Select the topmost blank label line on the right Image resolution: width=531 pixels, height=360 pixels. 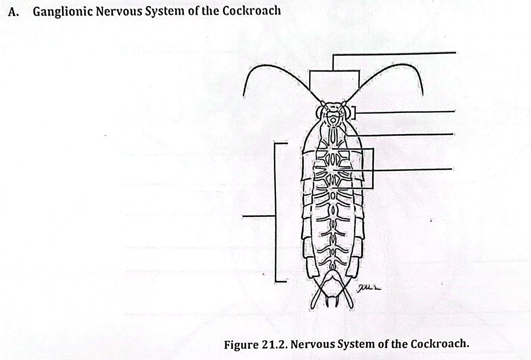pos(393,53)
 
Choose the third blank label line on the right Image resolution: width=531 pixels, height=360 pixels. pos(400,134)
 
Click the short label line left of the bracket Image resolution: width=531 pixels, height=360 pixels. pos(258,215)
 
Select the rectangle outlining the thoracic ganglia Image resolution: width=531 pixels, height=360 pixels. pos(372,169)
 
